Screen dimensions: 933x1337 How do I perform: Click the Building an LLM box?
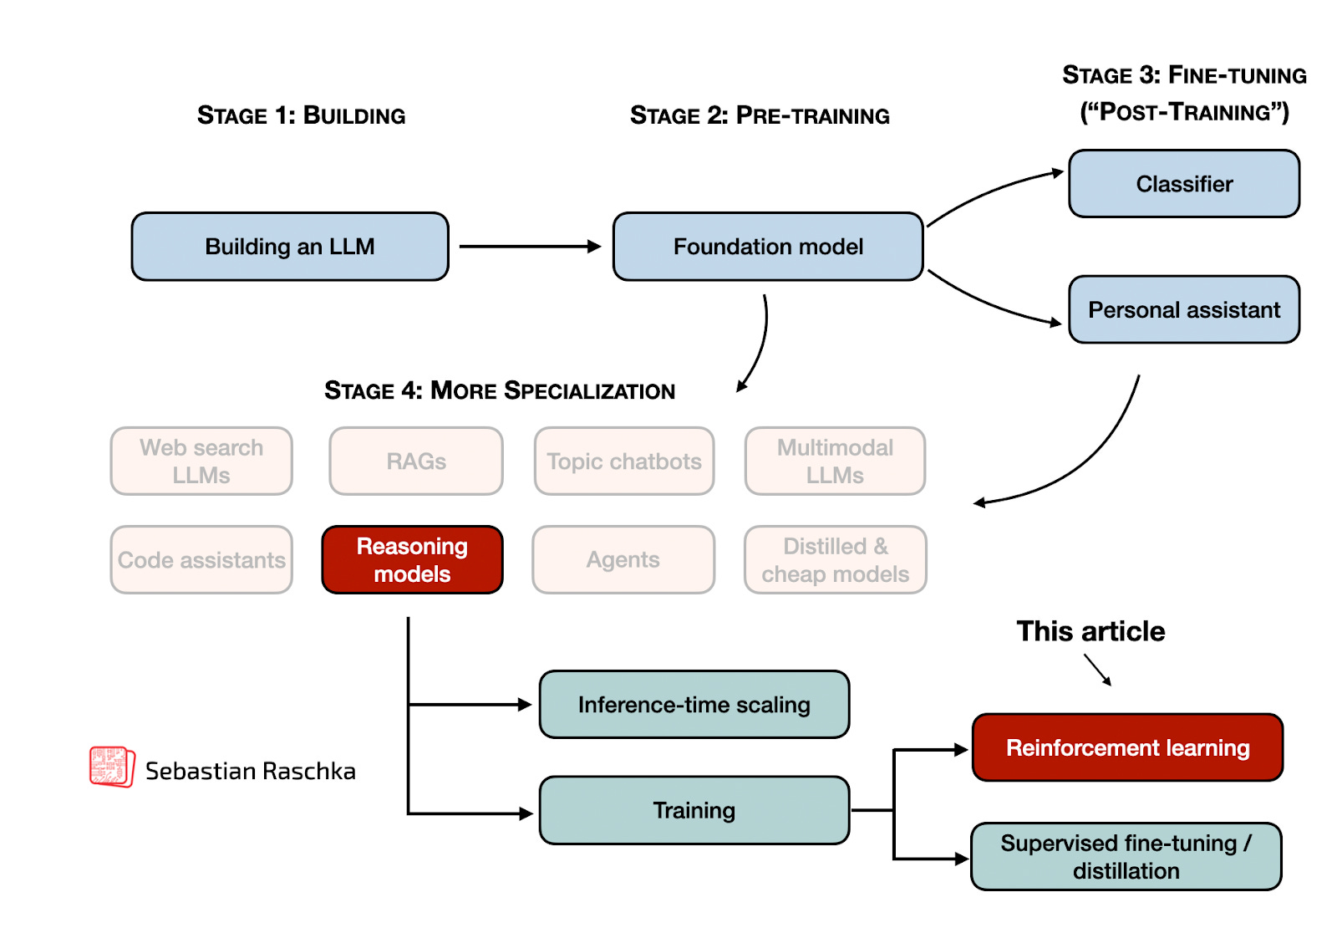coord(290,247)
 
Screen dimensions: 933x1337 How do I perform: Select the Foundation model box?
coord(768,247)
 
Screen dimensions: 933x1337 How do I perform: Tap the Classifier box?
coord(1184,184)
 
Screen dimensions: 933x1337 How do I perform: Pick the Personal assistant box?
coord(1184,310)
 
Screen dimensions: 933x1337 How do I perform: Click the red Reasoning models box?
coord(412,560)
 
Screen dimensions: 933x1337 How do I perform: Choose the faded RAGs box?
coord(416,461)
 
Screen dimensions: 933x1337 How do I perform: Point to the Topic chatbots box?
coord(624,461)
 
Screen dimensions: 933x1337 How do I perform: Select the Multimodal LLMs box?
coord(835,461)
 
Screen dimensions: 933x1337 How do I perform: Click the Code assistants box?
coord(201,560)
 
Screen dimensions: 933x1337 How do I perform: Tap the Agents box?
coord(623,560)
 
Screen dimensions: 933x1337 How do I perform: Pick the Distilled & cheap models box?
coord(835,560)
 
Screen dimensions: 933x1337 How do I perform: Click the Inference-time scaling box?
coord(694,705)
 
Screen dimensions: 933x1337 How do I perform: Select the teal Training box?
coord(694,810)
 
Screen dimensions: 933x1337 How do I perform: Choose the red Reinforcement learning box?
coord(1127,747)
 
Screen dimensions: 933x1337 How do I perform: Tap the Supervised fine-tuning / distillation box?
coord(1126,857)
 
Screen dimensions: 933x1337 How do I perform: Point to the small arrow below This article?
coord(1098,670)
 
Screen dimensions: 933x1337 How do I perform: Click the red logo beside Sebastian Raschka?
coord(112,767)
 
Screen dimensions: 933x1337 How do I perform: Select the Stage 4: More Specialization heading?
coord(499,390)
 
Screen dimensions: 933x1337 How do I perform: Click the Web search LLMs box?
coord(201,461)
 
